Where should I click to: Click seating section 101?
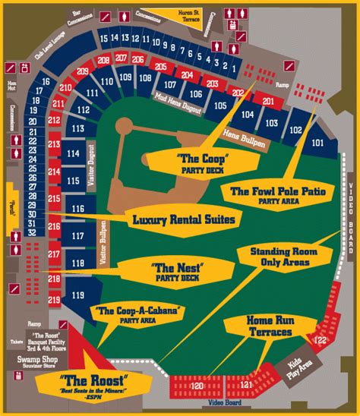click(x=317, y=142)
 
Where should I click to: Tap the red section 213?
click(x=54, y=144)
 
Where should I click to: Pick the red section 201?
click(x=267, y=100)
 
